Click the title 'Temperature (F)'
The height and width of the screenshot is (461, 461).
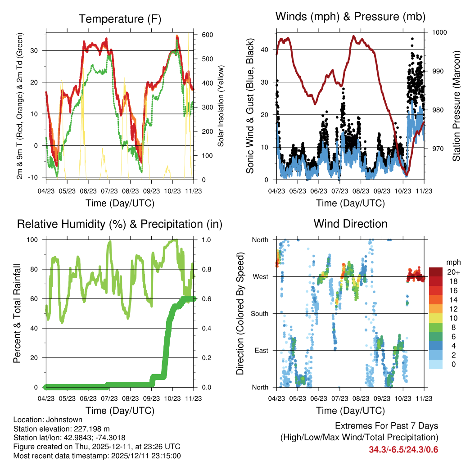pyautogui.click(x=120, y=19)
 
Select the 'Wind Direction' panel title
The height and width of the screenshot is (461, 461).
pyautogui.click(x=350, y=224)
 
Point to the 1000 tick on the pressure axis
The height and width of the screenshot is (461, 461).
pyautogui.click(x=439, y=32)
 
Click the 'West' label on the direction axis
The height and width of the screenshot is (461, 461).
pyautogui.click(x=260, y=276)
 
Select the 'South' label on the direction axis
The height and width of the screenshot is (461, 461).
pyautogui.click(x=259, y=313)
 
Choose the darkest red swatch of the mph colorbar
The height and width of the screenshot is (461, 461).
pyautogui.click(x=436, y=272)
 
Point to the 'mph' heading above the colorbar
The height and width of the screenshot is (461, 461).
pyautogui.click(x=452, y=262)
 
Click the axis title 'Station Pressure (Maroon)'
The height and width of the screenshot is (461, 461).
pyautogui.click(x=456, y=105)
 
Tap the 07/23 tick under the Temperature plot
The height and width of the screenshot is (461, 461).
pyautogui.click(x=109, y=190)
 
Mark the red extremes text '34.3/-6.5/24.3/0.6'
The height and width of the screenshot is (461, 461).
pyautogui.click(x=403, y=449)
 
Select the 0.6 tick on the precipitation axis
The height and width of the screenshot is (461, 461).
pyautogui.click(x=204, y=298)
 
